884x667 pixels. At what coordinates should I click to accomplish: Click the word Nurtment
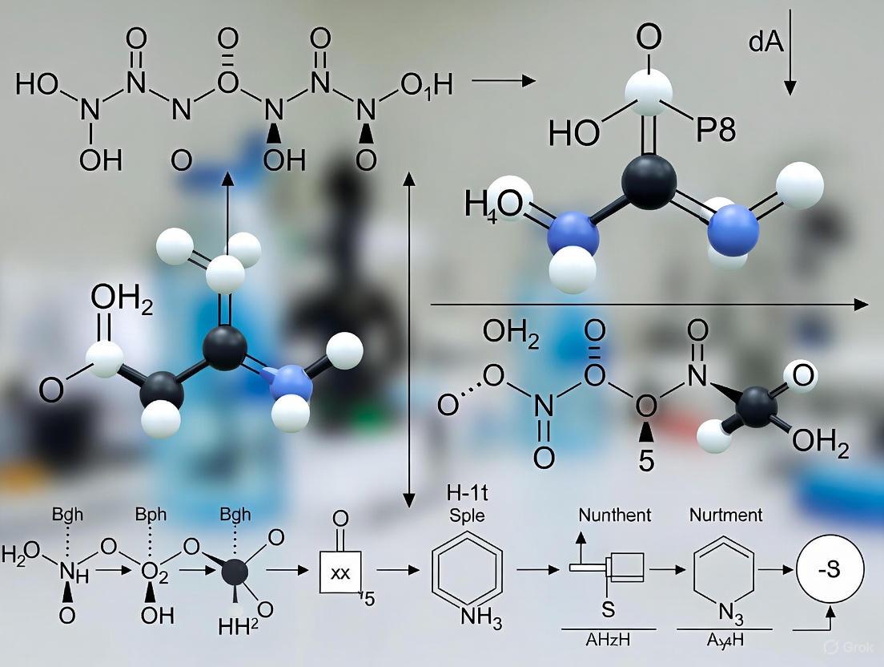(725, 514)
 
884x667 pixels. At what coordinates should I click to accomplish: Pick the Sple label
(467, 515)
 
